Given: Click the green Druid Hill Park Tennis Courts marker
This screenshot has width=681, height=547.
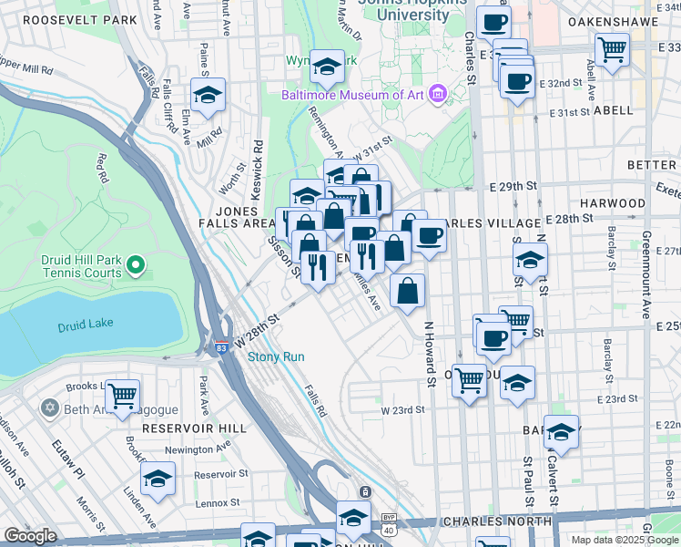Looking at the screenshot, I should click(x=136, y=265).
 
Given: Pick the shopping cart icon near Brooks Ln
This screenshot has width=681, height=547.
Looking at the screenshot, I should click(x=122, y=396).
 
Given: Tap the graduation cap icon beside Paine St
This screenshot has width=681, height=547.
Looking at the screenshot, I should click(x=208, y=95).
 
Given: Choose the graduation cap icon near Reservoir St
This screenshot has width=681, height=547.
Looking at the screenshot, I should click(x=158, y=478).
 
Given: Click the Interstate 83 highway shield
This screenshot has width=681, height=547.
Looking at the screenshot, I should click(x=221, y=346).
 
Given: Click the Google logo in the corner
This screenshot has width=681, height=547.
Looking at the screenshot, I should click(x=30, y=536).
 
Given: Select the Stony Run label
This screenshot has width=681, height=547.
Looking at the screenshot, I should click(x=276, y=357).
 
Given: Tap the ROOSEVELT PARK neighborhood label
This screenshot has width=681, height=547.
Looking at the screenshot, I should click(x=75, y=19).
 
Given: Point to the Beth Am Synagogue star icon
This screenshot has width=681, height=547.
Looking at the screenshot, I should click(x=48, y=408).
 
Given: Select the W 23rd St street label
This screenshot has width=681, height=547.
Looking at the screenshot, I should click(x=403, y=410).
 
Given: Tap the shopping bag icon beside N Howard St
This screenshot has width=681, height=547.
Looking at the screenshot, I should click(x=408, y=291).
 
